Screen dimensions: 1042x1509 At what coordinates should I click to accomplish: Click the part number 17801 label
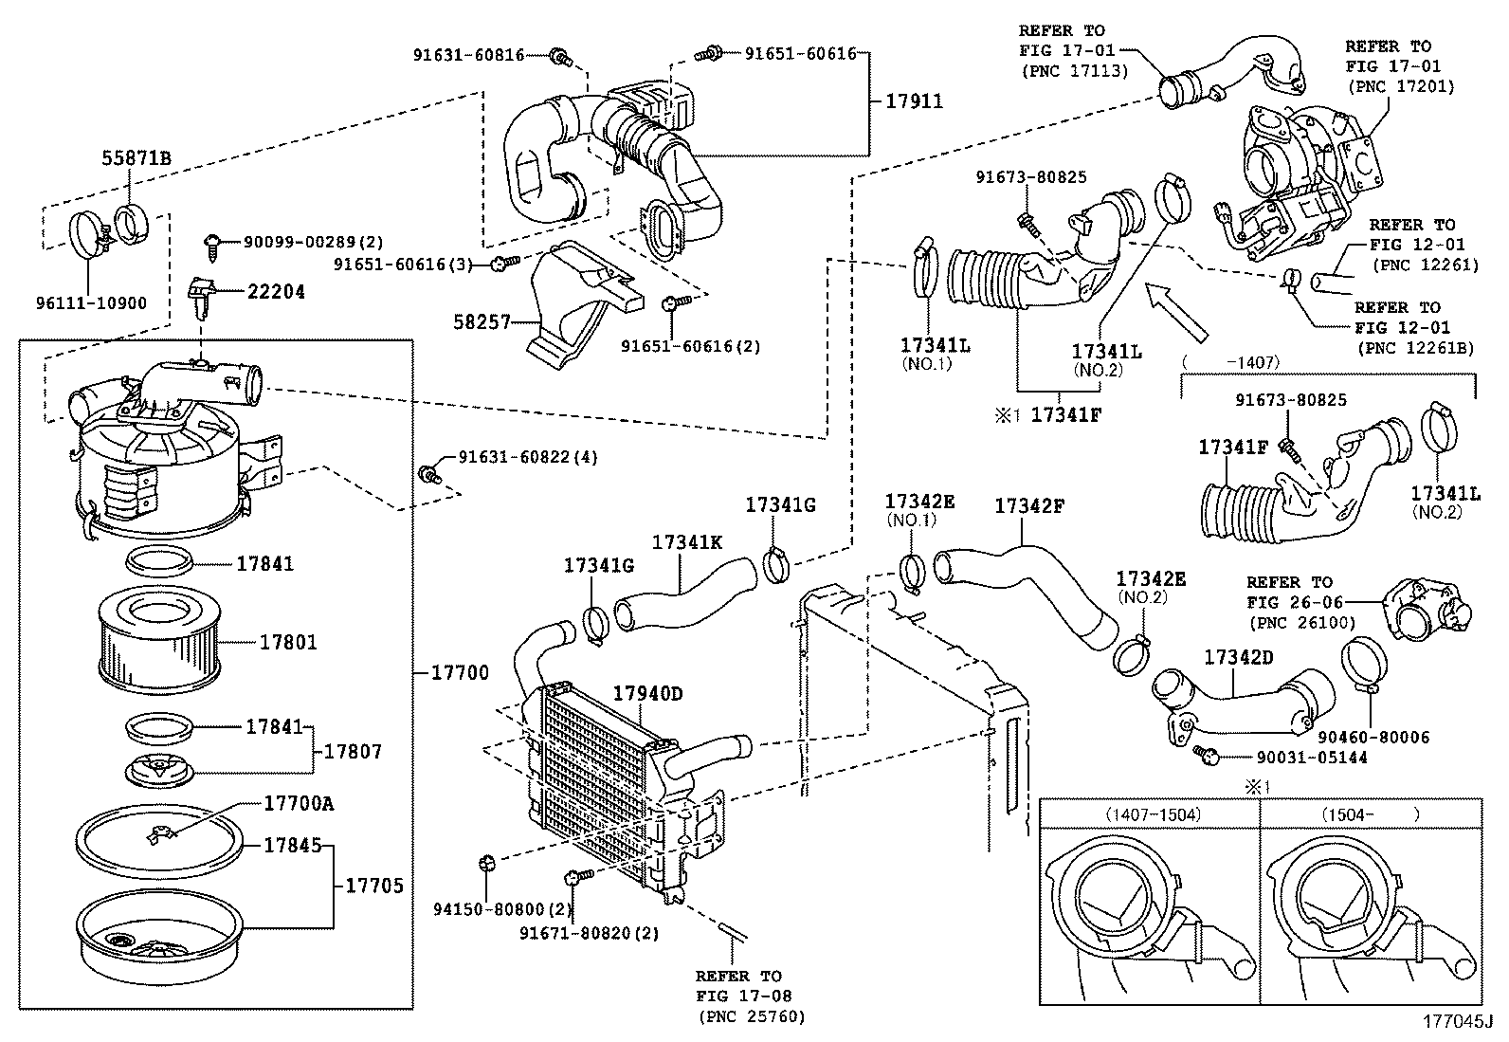point(288,643)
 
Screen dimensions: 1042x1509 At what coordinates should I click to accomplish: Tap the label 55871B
point(136,159)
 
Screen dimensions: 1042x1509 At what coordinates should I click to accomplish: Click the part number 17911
point(914,101)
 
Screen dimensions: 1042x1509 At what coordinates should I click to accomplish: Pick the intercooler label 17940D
point(646,694)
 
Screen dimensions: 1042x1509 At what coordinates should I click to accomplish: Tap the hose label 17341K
point(686,542)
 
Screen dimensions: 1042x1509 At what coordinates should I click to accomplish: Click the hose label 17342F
point(1029,507)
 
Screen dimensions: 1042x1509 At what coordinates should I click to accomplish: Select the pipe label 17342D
point(1239,657)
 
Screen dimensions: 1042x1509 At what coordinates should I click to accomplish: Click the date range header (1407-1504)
point(1151,814)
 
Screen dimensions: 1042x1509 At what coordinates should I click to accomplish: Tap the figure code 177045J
point(1455,1022)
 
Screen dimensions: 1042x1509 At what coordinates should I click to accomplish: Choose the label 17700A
point(298,803)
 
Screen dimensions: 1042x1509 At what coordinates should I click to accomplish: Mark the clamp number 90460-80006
point(1373,737)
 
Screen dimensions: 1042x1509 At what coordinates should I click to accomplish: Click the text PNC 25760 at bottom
point(752,1017)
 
